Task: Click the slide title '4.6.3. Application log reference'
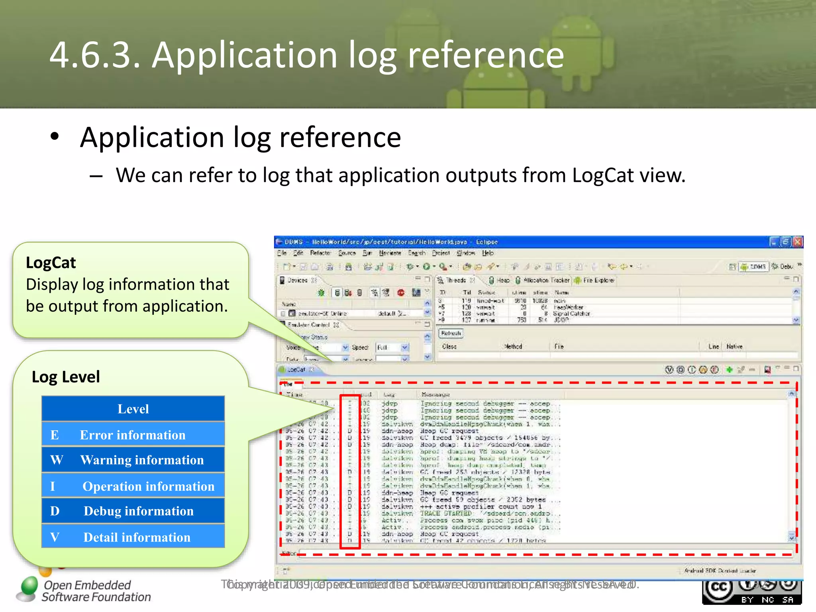pos(306,55)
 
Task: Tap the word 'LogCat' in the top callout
pos(51,263)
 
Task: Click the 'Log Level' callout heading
pos(66,377)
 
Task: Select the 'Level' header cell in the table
pos(133,409)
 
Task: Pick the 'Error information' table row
pos(133,435)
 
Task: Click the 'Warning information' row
pos(133,460)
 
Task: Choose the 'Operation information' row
pos(133,486)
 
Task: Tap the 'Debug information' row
pos(133,511)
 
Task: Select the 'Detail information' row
pos(133,537)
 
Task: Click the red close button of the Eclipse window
pos(797,242)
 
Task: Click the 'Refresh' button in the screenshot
pos(451,333)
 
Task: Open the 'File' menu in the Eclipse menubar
pos(282,253)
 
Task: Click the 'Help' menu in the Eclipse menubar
pos(488,253)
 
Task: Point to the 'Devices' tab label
pos(297,280)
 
